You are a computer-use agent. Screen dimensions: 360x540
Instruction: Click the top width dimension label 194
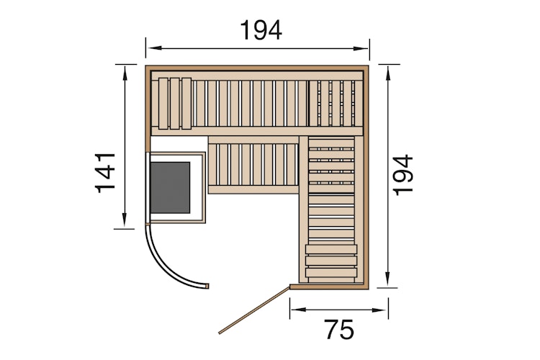(x=261, y=30)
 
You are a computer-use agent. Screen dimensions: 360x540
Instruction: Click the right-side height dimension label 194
(x=405, y=174)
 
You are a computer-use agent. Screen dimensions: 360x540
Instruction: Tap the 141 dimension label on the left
(x=105, y=172)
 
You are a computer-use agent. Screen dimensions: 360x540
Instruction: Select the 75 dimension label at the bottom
(x=338, y=329)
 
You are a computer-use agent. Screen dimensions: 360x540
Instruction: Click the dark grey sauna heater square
(x=170, y=187)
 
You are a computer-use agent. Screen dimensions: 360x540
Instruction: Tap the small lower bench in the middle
(x=253, y=167)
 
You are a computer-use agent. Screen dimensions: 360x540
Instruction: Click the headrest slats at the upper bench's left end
(x=175, y=102)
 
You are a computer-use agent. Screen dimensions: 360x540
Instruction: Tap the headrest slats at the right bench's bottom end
(x=331, y=261)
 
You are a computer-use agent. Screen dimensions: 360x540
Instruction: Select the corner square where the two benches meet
(x=332, y=103)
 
